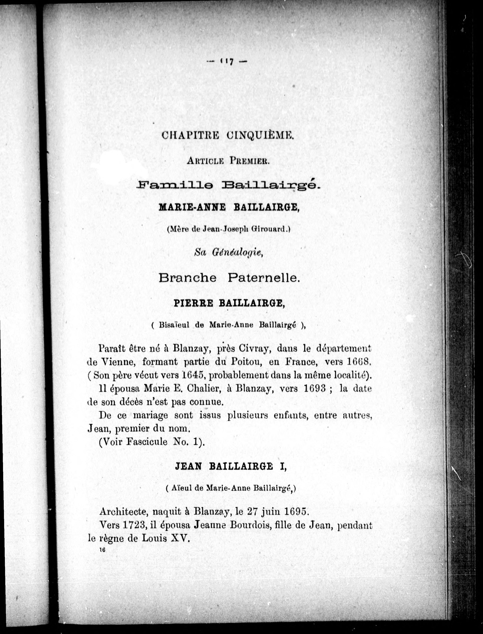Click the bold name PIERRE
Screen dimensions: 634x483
(194, 303)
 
